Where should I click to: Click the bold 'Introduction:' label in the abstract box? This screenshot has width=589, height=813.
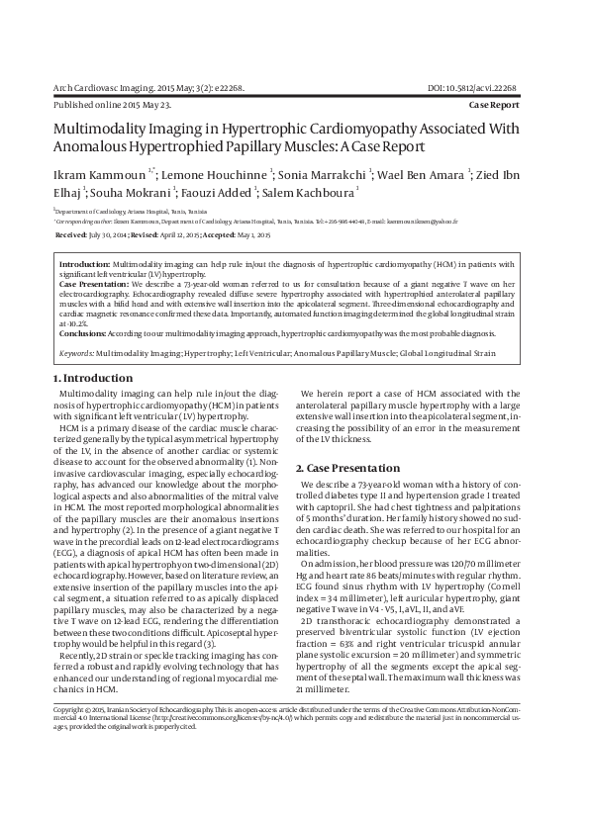point(84,265)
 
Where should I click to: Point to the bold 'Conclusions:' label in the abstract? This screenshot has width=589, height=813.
point(85,333)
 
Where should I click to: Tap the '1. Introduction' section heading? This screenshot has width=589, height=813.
point(91,379)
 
